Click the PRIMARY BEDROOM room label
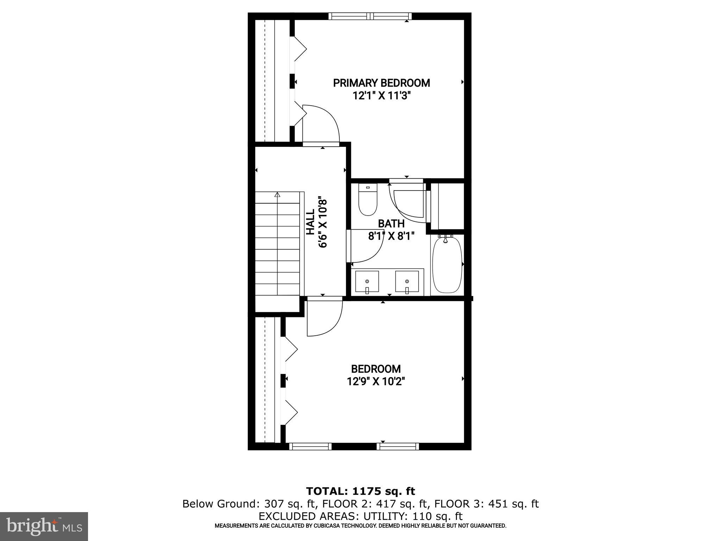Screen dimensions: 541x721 [x=381, y=83]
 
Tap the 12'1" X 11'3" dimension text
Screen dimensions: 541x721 [x=382, y=96]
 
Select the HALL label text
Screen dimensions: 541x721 [x=310, y=222]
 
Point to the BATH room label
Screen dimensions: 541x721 [x=391, y=223]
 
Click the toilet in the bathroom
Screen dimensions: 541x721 [x=368, y=200]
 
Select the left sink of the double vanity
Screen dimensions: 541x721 [x=367, y=282]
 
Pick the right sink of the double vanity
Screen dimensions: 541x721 [x=407, y=282]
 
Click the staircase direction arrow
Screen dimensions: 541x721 [x=277, y=194]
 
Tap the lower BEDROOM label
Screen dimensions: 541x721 [x=376, y=369]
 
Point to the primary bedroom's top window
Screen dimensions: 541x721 [x=370, y=16]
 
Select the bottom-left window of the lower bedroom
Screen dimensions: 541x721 [x=310, y=447]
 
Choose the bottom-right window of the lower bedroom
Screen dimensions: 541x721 [x=398, y=447]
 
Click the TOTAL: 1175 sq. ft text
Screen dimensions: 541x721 [x=360, y=491]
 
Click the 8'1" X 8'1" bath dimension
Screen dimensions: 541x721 [x=391, y=236]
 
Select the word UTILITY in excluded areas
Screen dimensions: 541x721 [x=381, y=516]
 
